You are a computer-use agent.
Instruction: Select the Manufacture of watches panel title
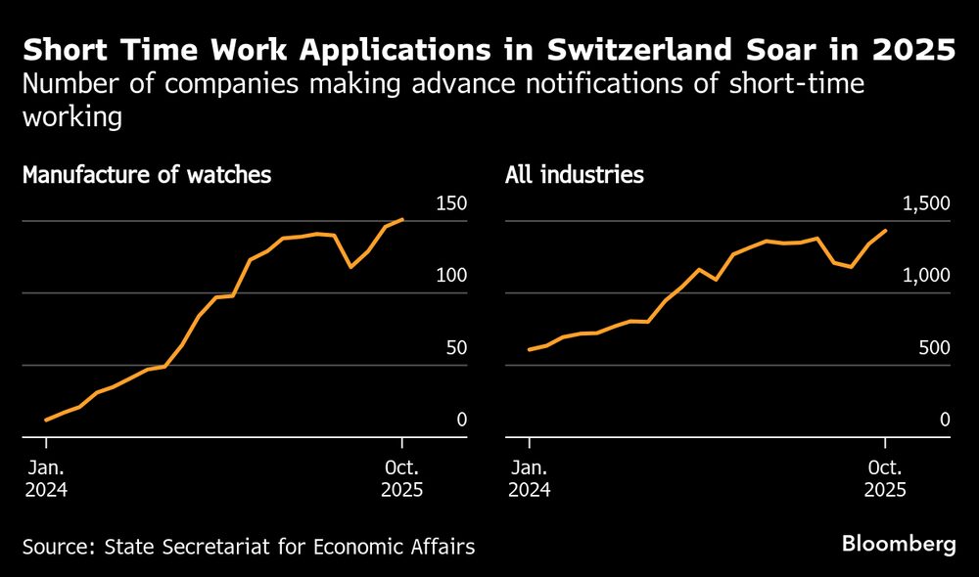pos(146,176)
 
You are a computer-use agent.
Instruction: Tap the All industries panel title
pos(575,176)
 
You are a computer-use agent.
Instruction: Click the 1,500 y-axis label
pos(925,204)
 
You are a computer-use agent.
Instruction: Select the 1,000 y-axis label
pos(925,277)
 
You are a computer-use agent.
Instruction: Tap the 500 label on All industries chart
pos(935,349)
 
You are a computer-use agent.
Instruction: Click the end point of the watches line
pos(402,219)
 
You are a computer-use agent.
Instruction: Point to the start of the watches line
pos(46,421)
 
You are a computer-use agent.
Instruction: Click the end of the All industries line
pos(886,231)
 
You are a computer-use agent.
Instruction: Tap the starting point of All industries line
pos(529,349)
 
